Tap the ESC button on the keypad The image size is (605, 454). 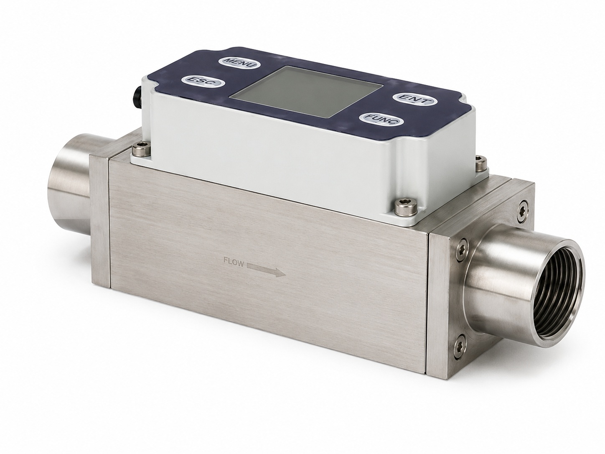pyautogui.click(x=203, y=82)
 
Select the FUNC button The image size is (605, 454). pyautogui.click(x=381, y=119)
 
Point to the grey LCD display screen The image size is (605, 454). pyautogui.click(x=305, y=91)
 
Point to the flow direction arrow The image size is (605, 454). pyautogui.click(x=266, y=270)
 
